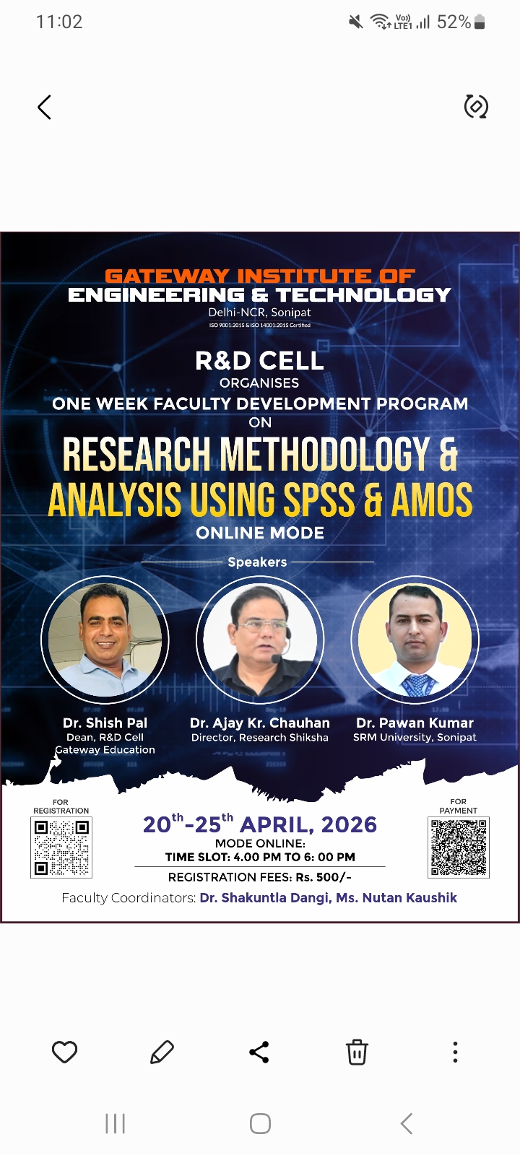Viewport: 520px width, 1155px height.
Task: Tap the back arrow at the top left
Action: (45, 108)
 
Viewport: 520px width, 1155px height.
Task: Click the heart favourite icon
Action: (64, 1052)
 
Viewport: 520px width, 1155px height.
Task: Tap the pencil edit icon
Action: (162, 1052)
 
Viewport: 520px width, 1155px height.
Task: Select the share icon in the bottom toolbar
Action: (259, 1052)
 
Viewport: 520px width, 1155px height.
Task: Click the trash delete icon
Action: (357, 1052)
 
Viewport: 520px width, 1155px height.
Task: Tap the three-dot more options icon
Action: (455, 1052)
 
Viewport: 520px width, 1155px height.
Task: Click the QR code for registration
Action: (61, 847)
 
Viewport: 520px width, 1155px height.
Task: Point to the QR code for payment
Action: (459, 847)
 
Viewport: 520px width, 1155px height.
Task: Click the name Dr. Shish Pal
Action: (105, 723)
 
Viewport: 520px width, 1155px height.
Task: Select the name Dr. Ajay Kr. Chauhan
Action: (259, 723)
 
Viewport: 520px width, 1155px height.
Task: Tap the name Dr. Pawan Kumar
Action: (415, 723)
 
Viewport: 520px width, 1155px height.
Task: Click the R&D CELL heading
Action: (259, 360)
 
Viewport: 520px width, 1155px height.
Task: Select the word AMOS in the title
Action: (432, 500)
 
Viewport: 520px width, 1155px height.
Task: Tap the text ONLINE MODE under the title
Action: (260, 533)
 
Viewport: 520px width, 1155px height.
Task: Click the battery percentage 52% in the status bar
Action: (454, 22)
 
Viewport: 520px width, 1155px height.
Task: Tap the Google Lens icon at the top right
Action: (476, 107)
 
